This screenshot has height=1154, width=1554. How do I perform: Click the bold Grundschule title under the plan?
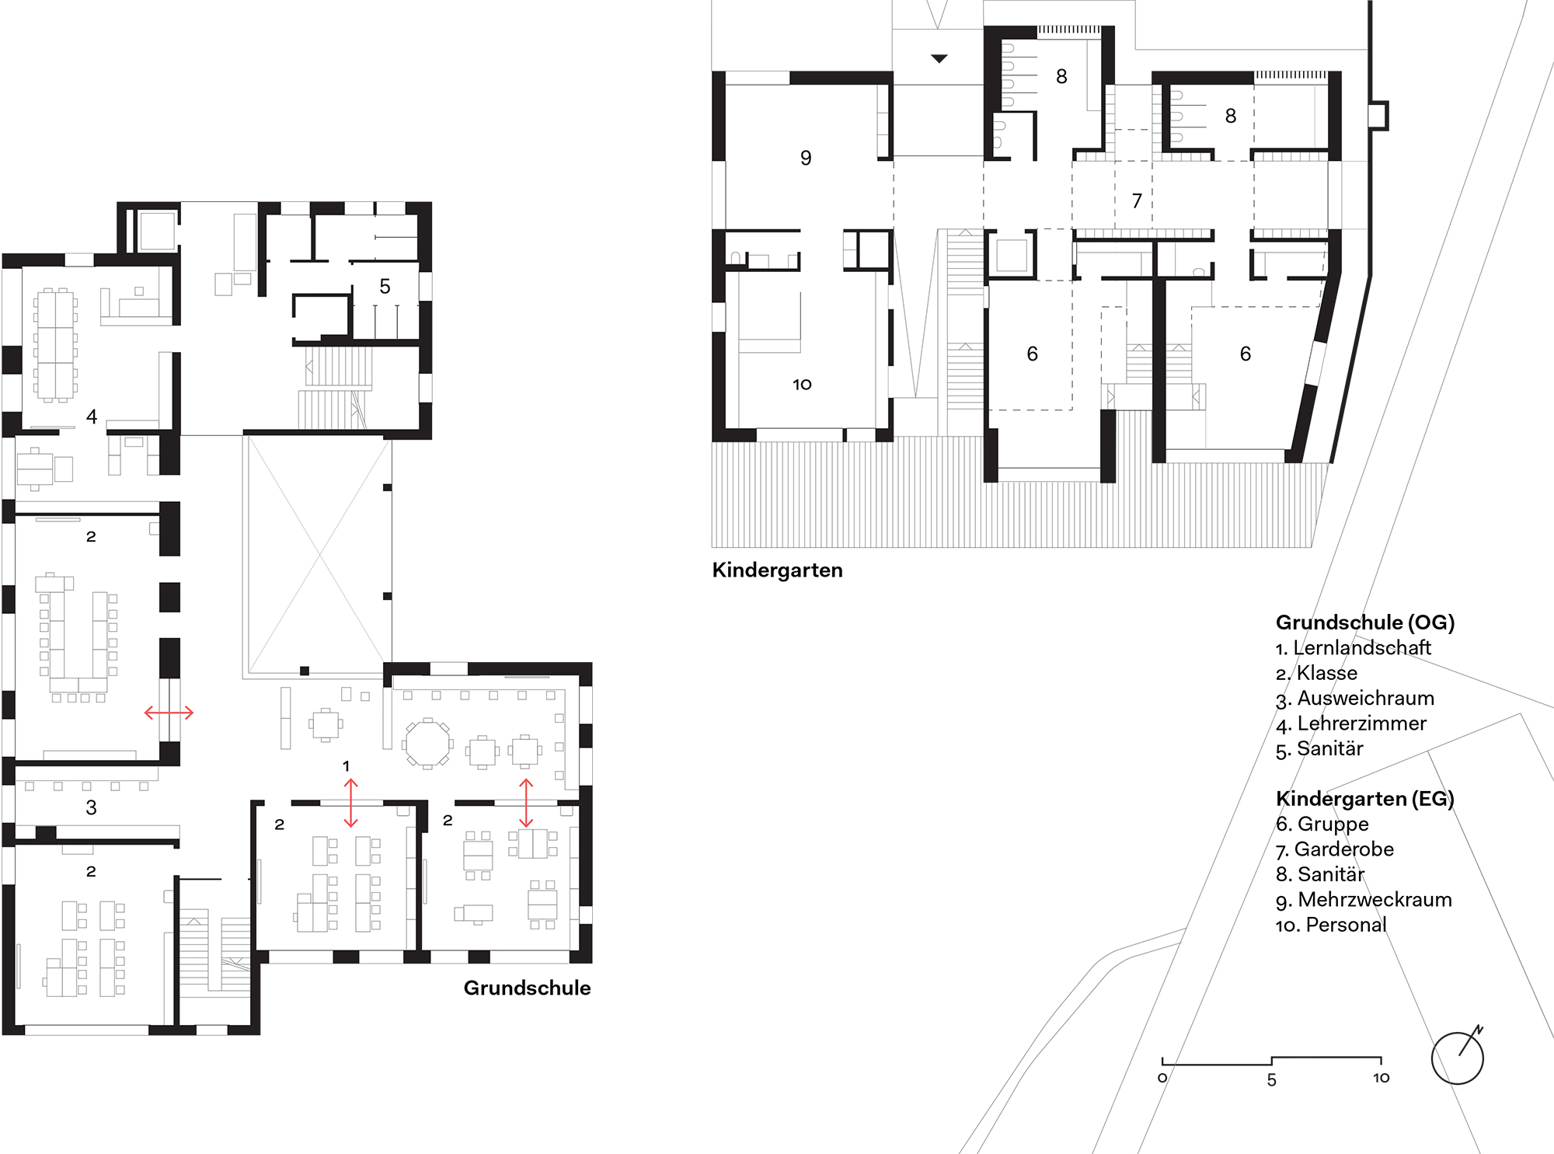tap(527, 988)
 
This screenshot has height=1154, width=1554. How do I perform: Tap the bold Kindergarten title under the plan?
tap(777, 570)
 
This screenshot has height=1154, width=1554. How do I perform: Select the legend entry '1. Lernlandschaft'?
tap(1353, 647)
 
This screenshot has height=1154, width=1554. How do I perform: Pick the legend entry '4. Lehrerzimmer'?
tap(1351, 723)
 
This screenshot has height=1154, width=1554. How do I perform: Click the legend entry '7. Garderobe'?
tap(1335, 849)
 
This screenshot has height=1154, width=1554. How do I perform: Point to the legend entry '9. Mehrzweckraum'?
tap(1364, 900)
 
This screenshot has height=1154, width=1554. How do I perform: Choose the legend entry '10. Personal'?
tap(1331, 925)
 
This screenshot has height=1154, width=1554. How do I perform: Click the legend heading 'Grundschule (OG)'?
tap(1365, 622)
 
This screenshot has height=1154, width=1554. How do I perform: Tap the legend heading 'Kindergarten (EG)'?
tap(1365, 799)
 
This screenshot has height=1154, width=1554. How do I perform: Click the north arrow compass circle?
tap(1432, 1058)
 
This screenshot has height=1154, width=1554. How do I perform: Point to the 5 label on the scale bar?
tap(1272, 1080)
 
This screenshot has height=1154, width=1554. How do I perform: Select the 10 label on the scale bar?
tap(1381, 1078)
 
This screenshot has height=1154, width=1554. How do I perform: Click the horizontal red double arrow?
tap(169, 712)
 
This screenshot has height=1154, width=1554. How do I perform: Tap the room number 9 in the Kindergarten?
tap(806, 158)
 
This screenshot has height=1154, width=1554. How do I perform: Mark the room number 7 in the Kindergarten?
tap(1137, 200)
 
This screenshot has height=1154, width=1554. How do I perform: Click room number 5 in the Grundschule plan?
tap(385, 286)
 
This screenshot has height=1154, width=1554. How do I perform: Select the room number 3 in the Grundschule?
tap(91, 807)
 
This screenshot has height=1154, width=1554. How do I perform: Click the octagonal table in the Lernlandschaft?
tap(427, 744)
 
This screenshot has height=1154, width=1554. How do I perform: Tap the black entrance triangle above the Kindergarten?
tap(939, 58)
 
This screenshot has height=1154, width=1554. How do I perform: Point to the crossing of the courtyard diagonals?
tap(319, 554)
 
